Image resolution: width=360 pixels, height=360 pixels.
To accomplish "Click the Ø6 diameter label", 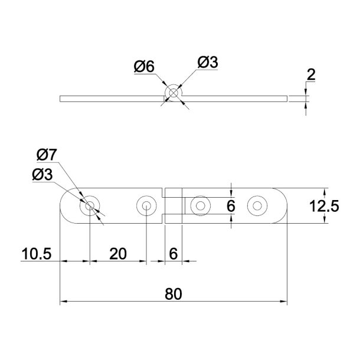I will [144, 67].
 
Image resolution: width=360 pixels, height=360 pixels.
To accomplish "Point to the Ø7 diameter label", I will [47, 155].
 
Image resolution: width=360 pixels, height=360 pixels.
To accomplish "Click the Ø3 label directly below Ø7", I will [42, 175].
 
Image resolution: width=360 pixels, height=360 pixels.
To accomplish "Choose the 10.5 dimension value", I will [37, 254].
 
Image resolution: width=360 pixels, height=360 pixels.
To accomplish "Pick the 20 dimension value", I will [118, 254].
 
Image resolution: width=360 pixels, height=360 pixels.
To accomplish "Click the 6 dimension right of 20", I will [173, 254].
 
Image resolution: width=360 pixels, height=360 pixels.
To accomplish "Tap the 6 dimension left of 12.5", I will [231, 206].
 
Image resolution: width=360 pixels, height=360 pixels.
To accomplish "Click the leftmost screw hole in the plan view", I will [90, 206].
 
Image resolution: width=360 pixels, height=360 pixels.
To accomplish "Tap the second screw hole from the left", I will [145, 206].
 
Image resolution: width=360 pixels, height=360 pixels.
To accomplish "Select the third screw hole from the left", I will [201, 206].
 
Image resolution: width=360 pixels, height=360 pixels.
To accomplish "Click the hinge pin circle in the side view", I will [174, 93].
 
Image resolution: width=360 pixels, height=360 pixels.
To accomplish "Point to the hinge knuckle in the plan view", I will [174, 206].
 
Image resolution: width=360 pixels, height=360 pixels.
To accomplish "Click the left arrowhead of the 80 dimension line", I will [64, 302].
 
